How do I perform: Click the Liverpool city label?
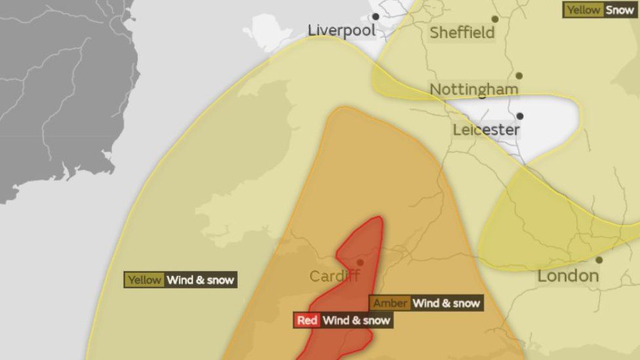coord(342,31)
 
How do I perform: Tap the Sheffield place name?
coord(462,33)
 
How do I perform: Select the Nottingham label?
coord(473,89)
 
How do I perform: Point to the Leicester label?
coord(486,130)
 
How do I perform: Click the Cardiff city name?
coord(334,276)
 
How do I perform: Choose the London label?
coord(568,276)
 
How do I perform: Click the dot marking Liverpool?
coord(376,16)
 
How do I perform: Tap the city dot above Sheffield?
coord(495,19)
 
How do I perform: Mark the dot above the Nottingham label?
coord(519,75)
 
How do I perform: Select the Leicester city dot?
coord(520,116)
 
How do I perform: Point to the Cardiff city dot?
coord(360,262)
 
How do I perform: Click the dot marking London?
coord(599,260)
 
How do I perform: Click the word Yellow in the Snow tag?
coord(583,10)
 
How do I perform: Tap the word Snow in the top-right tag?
coord(620,10)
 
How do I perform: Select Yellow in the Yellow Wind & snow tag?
coord(144,280)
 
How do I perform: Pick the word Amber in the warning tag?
coord(390,303)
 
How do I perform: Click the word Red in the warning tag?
coord(307,321)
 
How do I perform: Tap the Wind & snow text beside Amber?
coord(447,303)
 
